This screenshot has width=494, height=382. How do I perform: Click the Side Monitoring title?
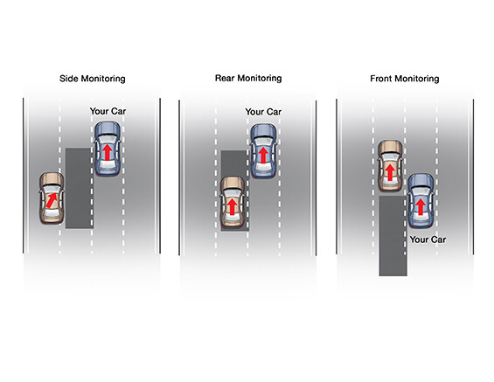click(93, 79)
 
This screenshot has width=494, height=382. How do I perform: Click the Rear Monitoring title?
click(248, 78)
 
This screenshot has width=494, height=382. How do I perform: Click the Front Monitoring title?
click(405, 79)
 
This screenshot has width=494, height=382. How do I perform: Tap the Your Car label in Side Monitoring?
click(108, 111)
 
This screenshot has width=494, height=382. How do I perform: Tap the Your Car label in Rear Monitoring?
click(263, 112)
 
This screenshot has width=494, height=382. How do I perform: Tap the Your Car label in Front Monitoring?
click(428, 240)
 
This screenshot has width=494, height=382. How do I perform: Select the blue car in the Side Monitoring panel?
click(108, 149)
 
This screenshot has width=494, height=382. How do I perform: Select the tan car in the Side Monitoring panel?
click(52, 198)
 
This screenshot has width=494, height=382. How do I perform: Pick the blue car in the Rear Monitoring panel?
click(264, 151)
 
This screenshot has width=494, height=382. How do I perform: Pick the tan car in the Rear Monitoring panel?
click(233, 203)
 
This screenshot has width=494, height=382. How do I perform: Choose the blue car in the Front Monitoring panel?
click(421, 200)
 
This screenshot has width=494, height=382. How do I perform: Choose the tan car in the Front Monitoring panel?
click(390, 166)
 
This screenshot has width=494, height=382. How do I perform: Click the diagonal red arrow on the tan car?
click(52, 200)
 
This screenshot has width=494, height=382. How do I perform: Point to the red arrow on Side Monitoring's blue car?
click(108, 152)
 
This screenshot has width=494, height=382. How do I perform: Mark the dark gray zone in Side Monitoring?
click(79, 188)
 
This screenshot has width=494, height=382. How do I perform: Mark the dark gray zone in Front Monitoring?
click(393, 236)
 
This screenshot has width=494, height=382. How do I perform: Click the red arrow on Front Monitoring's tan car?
click(390, 172)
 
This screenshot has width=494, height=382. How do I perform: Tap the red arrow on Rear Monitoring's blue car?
click(263, 156)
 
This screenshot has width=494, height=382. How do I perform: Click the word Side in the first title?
click(69, 79)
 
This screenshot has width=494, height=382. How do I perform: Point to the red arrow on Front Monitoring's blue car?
click(421, 207)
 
